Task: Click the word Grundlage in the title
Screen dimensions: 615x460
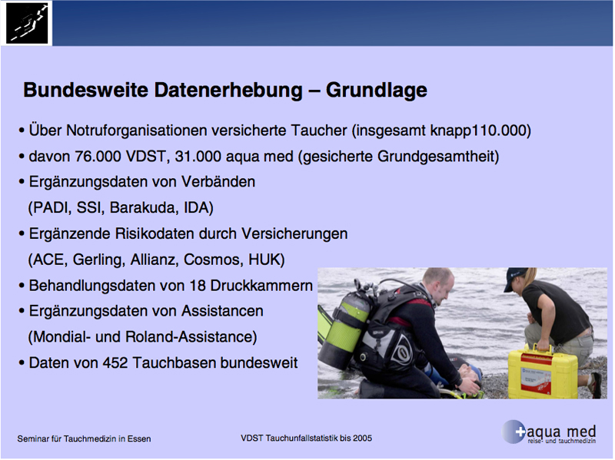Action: point(376,90)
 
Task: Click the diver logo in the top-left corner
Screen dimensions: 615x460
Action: point(27,23)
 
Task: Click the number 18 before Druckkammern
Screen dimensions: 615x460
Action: point(198,285)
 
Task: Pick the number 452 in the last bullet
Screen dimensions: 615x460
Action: point(115,362)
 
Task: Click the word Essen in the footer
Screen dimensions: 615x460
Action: point(139,438)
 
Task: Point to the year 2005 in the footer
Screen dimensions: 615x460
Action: point(362,438)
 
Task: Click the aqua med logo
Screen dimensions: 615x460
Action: point(549,432)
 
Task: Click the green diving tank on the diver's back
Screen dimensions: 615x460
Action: point(345,327)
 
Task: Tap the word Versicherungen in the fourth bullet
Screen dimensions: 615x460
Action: point(294,233)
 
